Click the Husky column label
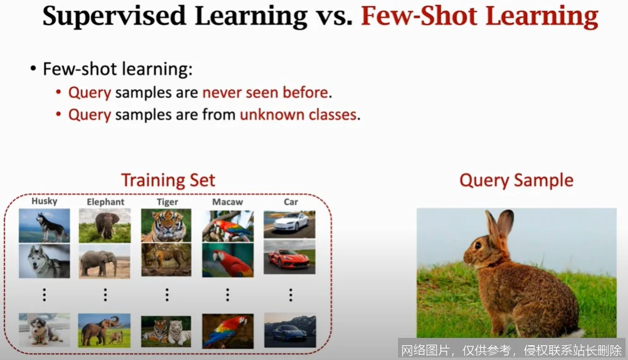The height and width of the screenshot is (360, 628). click(44, 201)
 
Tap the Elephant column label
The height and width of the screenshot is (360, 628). click(105, 201)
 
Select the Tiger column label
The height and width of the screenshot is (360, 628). click(167, 202)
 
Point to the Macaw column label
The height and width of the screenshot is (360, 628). click(228, 202)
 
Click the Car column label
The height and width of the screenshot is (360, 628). click(291, 202)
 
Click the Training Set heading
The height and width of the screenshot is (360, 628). click(168, 180)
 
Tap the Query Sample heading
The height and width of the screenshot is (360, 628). click(516, 180)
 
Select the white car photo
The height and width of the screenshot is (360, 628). click(289, 224)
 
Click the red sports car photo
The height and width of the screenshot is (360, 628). click(289, 259)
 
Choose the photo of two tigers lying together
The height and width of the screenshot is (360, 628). click(166, 331)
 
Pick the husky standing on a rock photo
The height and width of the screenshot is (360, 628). click(44, 225)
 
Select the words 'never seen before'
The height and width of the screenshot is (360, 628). click(266, 93)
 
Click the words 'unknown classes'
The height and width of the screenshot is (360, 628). click(298, 115)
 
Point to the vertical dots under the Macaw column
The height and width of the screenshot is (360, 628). click(228, 295)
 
